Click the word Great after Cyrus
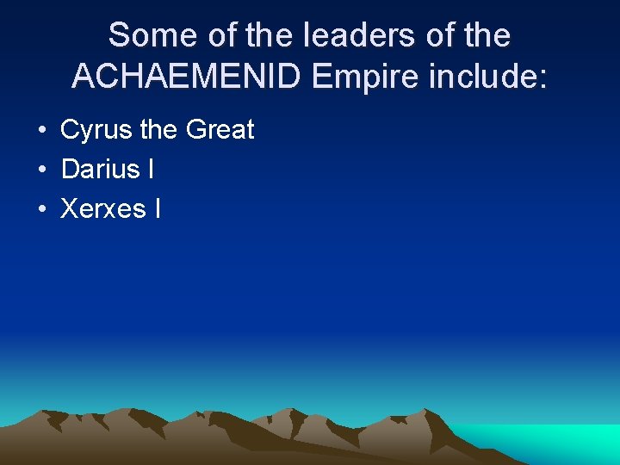220,131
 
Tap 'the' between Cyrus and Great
158,131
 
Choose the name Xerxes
102,208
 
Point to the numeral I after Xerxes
157,208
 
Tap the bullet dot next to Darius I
41,170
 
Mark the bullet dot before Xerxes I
41,209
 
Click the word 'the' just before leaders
264,36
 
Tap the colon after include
542,77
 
